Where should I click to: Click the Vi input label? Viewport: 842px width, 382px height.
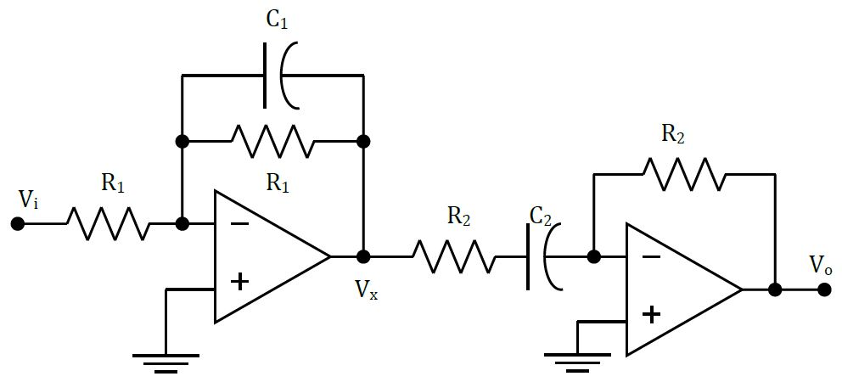tap(28, 200)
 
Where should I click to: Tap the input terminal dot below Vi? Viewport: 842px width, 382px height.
tap(17, 224)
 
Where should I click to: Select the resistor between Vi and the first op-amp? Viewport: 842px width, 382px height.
tap(108, 224)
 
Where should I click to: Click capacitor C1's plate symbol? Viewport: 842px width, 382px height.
tap(281, 76)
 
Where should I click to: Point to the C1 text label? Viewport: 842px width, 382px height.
tap(277, 21)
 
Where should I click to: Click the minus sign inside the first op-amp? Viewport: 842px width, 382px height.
tap(240, 224)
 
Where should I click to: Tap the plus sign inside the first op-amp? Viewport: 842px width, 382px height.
tap(240, 281)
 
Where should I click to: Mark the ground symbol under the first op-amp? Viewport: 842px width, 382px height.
tap(166, 362)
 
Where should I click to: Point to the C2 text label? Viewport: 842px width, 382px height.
tap(541, 217)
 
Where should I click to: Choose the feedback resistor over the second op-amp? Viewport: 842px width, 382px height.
tap(683, 174)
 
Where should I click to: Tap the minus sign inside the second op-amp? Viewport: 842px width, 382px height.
tap(651, 256)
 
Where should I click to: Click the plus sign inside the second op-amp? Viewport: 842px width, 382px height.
tap(651, 315)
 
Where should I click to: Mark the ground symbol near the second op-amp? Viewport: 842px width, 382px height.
tap(577, 360)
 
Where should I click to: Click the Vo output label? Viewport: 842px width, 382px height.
tap(821, 265)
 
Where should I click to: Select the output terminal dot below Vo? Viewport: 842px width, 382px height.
tap(823, 289)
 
